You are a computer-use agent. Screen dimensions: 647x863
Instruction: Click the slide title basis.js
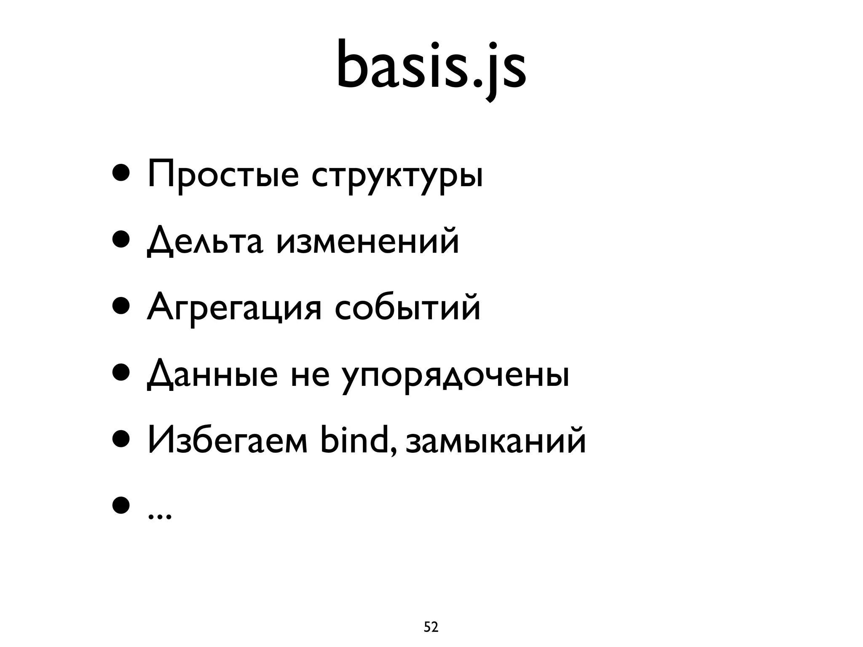pos(431,67)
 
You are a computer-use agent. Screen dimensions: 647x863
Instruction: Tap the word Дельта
pos(205,243)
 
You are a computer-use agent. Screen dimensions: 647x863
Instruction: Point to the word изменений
pos(367,242)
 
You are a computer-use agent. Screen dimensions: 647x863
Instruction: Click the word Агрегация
pos(234,309)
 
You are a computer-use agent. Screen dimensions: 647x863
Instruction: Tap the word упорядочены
pos(455,377)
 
